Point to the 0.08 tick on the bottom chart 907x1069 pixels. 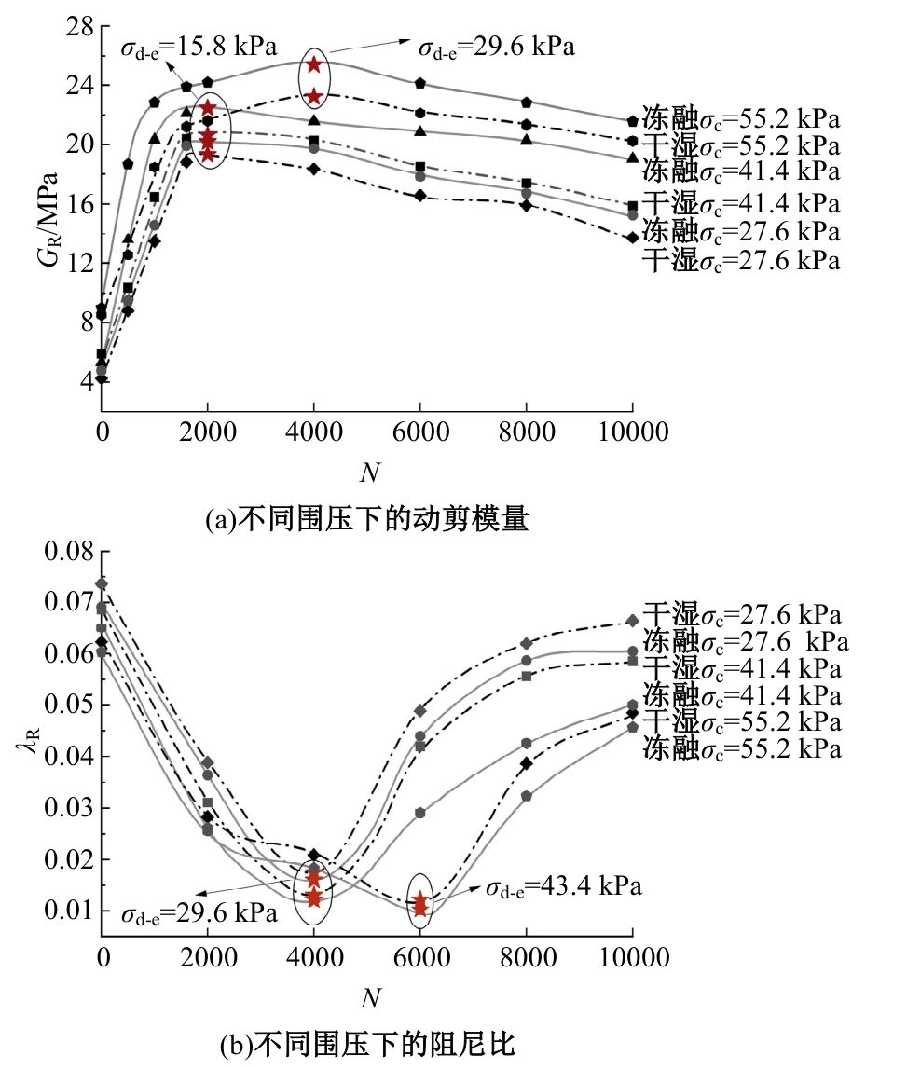[x=69, y=551]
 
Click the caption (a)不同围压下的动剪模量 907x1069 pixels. [x=366, y=519]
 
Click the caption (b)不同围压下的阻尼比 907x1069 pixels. [x=366, y=1045]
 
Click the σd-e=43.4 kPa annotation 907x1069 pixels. [x=563, y=886]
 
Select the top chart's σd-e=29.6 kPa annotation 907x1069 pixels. [x=495, y=44]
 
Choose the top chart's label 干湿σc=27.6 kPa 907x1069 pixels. [x=740, y=260]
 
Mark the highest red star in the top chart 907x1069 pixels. [x=314, y=64]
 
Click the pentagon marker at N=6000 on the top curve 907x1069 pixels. [x=420, y=83]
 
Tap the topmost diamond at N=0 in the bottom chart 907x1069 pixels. [x=102, y=584]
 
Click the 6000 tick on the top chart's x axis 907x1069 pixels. [x=420, y=432]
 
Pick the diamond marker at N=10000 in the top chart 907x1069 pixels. [x=633, y=237]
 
